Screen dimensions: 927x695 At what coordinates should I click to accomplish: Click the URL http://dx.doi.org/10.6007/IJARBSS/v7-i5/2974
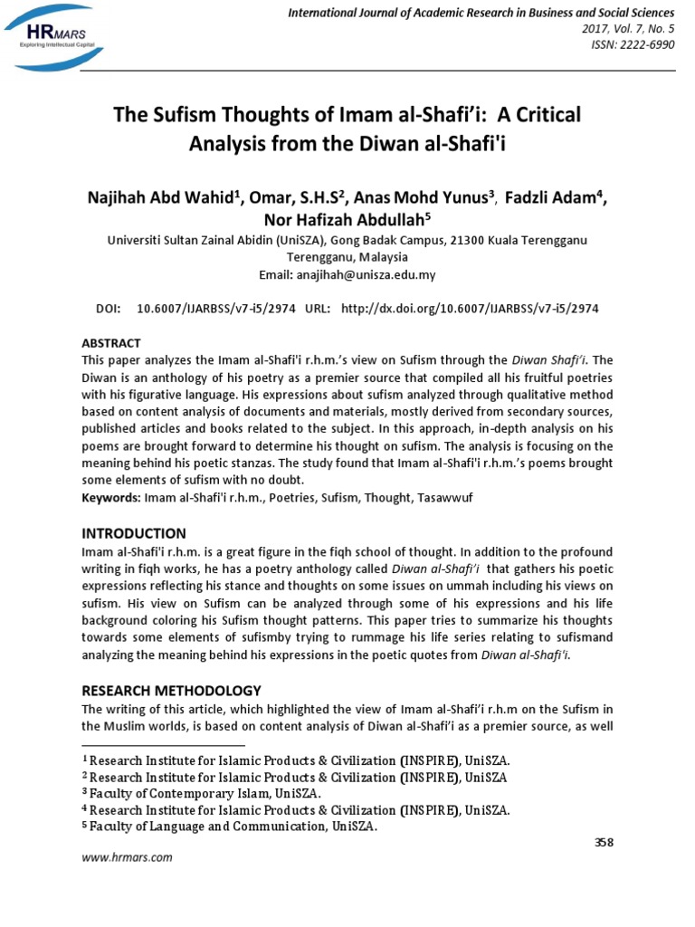[469, 309]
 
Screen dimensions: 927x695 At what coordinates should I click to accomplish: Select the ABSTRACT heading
[111, 343]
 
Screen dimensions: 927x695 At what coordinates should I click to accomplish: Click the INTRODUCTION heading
[134, 533]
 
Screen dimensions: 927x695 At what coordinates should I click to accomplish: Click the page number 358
[604, 842]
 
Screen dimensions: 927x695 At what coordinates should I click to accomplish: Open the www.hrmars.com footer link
[128, 857]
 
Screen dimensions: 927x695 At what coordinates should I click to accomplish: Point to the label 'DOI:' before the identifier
[108, 309]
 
